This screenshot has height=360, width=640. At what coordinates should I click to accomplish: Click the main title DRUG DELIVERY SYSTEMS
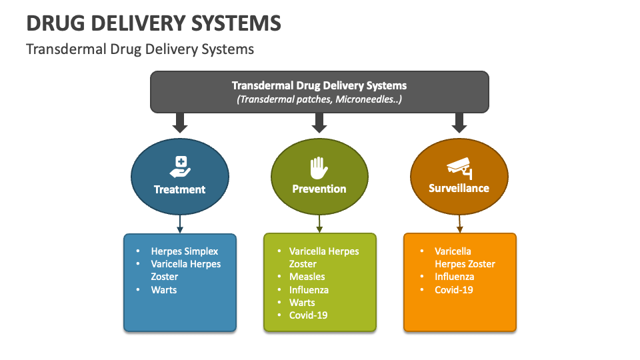pyautogui.click(x=153, y=23)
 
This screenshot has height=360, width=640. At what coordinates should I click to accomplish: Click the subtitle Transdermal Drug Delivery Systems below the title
pyautogui.click(x=140, y=49)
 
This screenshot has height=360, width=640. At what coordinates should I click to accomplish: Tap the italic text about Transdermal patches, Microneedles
pyautogui.click(x=319, y=99)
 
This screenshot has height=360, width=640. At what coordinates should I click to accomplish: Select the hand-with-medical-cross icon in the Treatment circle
pyautogui.click(x=180, y=166)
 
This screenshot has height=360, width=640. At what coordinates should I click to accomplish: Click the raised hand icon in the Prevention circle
pyautogui.click(x=319, y=167)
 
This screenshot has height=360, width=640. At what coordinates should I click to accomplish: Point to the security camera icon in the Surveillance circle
pyautogui.click(x=459, y=167)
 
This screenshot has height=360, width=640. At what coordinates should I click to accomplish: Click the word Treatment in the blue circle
pyautogui.click(x=179, y=189)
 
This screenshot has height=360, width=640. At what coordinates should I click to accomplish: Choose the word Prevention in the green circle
pyautogui.click(x=319, y=189)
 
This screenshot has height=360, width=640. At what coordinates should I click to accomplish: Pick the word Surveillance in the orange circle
pyautogui.click(x=459, y=189)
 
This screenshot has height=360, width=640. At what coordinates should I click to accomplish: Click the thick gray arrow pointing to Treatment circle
pyautogui.click(x=179, y=122)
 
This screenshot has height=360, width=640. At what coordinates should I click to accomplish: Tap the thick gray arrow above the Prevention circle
pyautogui.click(x=319, y=122)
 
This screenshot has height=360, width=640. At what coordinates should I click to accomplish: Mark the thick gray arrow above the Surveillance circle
pyautogui.click(x=459, y=122)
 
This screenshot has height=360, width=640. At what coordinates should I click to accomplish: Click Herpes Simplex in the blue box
pyautogui.click(x=184, y=251)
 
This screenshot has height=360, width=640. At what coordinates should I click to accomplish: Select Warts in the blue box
pyautogui.click(x=164, y=290)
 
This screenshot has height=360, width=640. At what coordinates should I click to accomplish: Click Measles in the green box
pyautogui.click(x=307, y=277)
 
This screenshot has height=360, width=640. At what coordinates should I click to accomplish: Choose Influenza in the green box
pyautogui.click(x=309, y=290)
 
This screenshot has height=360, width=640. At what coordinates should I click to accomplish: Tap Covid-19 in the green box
pyautogui.click(x=308, y=315)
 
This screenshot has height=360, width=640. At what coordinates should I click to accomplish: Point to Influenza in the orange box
pyautogui.click(x=454, y=277)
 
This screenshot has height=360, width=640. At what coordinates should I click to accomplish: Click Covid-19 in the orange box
pyautogui.click(x=453, y=290)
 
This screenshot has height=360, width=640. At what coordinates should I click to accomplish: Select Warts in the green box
pyautogui.click(x=302, y=303)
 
